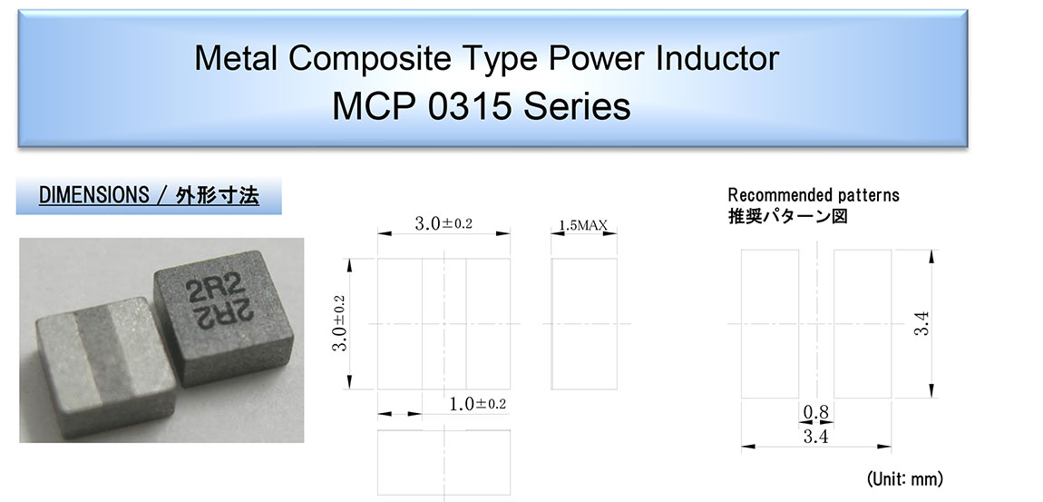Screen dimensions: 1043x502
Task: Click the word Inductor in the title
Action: [x=716, y=58]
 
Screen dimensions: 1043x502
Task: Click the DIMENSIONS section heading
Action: [x=149, y=196]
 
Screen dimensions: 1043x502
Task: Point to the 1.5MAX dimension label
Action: [x=582, y=226]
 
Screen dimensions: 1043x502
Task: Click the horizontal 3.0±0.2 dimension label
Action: [x=443, y=223]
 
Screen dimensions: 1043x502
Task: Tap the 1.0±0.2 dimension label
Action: [x=477, y=404]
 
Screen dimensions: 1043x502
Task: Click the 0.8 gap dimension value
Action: [x=815, y=413]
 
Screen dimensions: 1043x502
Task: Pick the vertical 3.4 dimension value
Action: [x=921, y=324]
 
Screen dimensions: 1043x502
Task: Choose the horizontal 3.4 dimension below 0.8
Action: [x=815, y=437]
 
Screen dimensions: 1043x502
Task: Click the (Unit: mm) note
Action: [x=904, y=478]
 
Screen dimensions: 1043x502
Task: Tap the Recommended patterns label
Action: [x=814, y=195]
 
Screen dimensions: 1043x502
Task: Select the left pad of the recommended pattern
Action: [x=770, y=324]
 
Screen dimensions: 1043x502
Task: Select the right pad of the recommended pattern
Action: [x=863, y=324]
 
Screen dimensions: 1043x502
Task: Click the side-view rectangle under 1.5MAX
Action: [x=584, y=323]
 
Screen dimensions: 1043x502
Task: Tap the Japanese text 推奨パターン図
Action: [x=788, y=216]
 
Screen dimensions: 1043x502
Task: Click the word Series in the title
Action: [x=577, y=106]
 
